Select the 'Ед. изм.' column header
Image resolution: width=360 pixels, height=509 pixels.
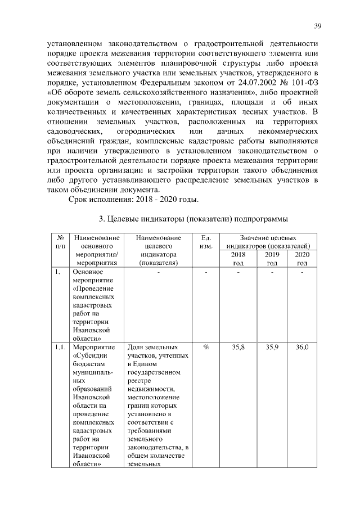coord(205,242)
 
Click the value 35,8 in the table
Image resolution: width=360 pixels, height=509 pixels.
coord(238,348)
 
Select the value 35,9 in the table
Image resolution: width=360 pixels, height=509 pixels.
coord(272,348)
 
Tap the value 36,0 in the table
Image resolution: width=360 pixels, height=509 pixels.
coord(302,348)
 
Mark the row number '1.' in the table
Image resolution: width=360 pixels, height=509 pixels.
coord(57,273)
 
